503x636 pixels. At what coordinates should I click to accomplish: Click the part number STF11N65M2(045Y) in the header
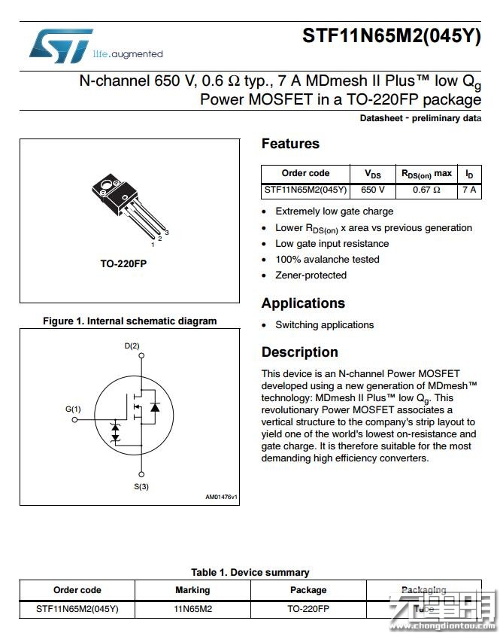point(391,35)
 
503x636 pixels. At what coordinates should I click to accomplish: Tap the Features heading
point(290,144)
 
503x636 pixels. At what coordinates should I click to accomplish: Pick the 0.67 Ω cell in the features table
point(426,190)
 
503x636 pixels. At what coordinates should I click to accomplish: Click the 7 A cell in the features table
point(469,190)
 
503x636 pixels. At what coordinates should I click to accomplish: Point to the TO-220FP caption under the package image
point(123,264)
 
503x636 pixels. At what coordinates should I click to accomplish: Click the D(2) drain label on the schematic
point(132,345)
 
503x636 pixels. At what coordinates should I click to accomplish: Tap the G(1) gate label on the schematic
point(73,409)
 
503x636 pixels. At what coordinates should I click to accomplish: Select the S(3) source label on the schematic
point(141,486)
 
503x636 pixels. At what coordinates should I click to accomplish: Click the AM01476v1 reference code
point(221,497)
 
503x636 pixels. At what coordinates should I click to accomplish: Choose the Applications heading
point(303,303)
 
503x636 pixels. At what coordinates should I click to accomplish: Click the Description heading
point(299,352)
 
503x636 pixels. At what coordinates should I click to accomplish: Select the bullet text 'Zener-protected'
point(311,275)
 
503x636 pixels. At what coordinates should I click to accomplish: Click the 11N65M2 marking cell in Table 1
point(192,609)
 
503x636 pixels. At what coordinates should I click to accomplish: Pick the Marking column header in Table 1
point(192,590)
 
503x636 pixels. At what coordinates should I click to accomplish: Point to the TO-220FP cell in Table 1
point(308,609)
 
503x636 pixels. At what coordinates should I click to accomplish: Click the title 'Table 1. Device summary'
point(250,572)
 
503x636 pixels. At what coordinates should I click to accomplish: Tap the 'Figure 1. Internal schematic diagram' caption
point(129,321)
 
